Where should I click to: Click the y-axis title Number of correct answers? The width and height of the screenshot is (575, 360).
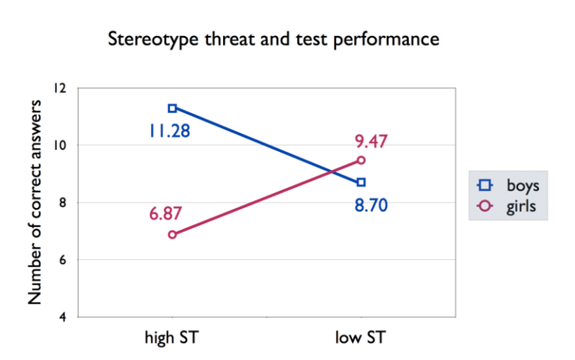pos(35,202)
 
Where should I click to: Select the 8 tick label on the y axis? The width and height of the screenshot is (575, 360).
pos(63,203)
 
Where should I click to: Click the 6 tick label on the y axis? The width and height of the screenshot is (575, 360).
pos(63,260)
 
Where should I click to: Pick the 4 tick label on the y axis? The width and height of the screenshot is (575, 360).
pos(63,317)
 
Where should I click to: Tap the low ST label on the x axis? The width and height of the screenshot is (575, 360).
pos(361,338)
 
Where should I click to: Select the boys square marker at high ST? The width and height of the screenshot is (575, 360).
pos(172,108)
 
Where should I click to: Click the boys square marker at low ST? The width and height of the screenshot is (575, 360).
pos(361,182)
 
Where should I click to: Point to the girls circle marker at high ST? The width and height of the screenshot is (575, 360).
pos(172,234)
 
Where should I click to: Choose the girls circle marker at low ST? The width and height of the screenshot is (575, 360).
pos(361,160)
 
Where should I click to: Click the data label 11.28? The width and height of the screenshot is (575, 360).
pos(168,132)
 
